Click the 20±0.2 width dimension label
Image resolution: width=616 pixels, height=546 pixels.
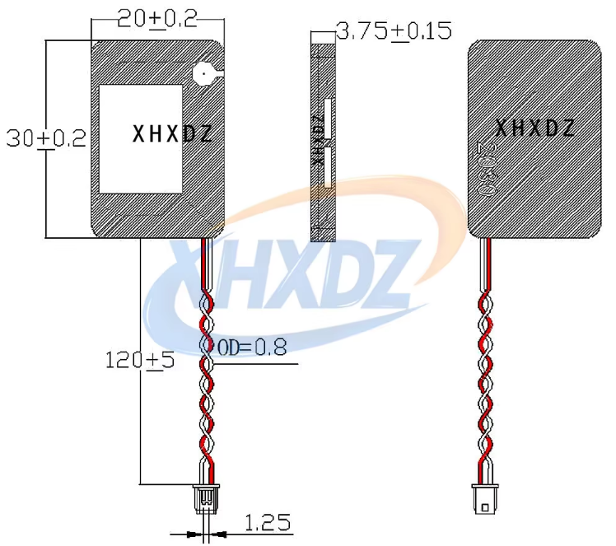pyautogui.click(x=157, y=18)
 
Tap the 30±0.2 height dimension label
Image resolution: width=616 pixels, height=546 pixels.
pyautogui.click(x=46, y=138)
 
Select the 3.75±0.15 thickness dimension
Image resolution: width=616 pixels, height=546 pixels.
pyautogui.click(x=394, y=31)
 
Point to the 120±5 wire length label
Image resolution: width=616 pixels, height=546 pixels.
pyautogui.click(x=140, y=360)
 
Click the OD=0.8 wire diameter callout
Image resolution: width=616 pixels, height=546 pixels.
pyautogui.click(x=252, y=348)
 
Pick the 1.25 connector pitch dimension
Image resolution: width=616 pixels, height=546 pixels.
pyautogui.click(x=268, y=522)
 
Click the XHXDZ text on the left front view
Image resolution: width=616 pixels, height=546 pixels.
pyautogui.click(x=172, y=134)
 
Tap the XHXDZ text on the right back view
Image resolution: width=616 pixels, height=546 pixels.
pyautogui.click(x=534, y=128)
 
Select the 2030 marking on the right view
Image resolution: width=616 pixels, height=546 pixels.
pyautogui.click(x=487, y=169)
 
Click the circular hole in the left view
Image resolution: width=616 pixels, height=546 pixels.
pyautogui.click(x=204, y=74)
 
